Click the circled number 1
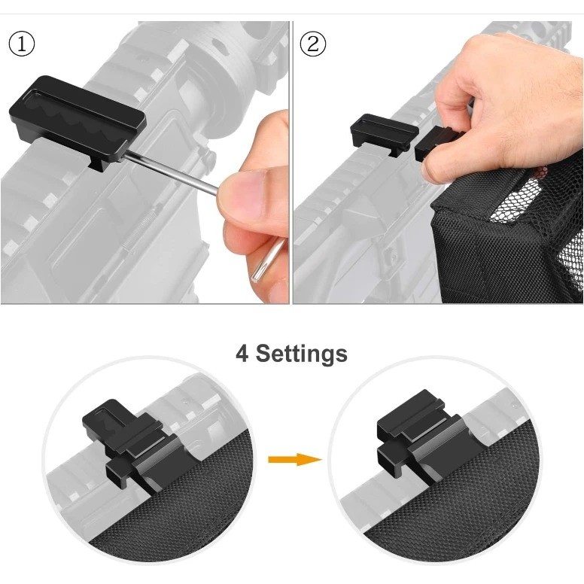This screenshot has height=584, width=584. click(x=22, y=44)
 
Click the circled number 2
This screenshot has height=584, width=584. click(x=313, y=44)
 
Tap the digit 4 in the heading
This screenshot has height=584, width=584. click(x=242, y=353)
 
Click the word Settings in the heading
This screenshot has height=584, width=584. click(x=301, y=353)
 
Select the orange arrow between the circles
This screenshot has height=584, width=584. click(x=294, y=459)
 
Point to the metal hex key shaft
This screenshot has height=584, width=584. click(x=169, y=175)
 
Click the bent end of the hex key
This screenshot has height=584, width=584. click(x=267, y=260)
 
